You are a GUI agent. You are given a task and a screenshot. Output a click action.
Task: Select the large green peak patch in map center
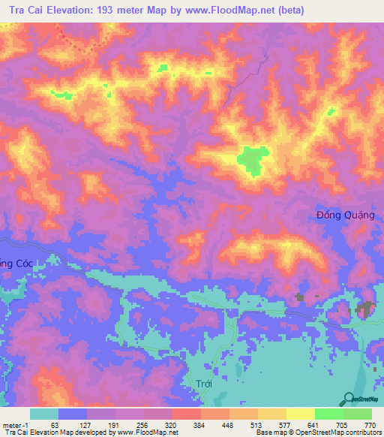click(253, 159)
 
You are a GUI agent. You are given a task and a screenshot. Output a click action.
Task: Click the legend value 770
click(369, 425)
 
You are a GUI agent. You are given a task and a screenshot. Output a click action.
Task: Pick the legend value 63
click(54, 425)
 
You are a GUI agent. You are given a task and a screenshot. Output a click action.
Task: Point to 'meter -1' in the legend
click(14, 425)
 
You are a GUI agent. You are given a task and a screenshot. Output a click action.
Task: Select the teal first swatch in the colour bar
click(44, 414)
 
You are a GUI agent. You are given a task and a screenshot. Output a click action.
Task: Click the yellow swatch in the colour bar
click(300, 414)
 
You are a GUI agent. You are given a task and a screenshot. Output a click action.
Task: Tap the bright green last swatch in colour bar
click(358, 414)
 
